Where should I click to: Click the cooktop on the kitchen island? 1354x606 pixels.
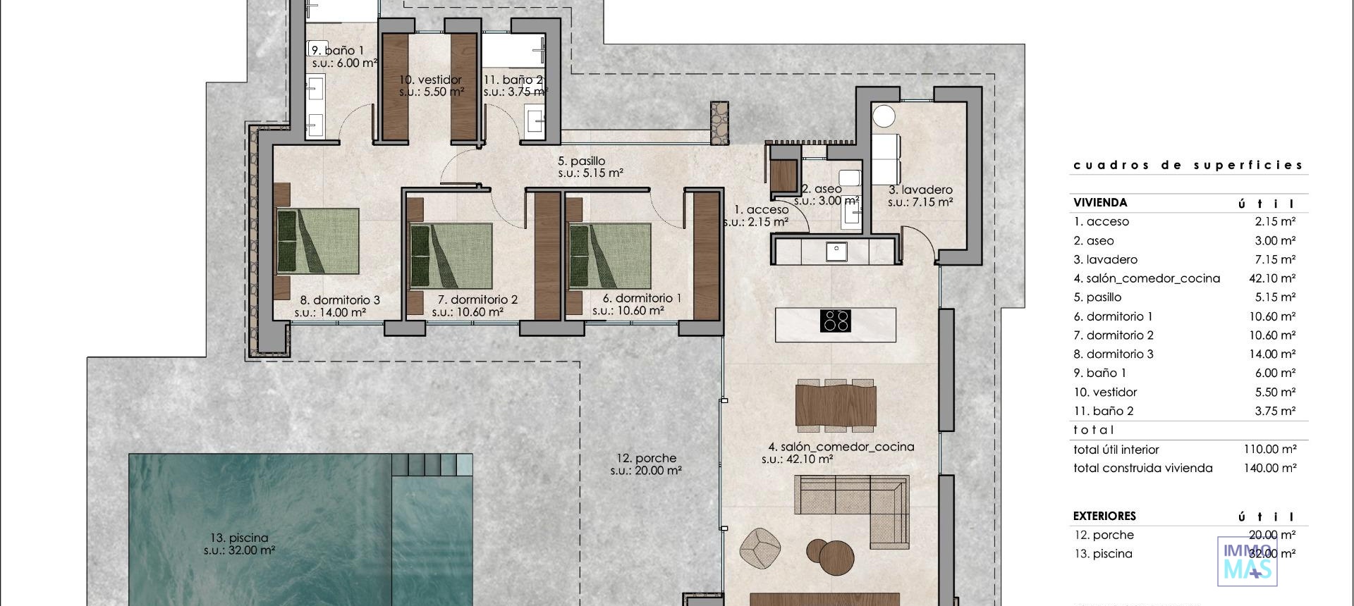836,321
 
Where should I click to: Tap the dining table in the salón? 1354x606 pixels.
836,405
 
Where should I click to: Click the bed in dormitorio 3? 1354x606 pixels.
318,241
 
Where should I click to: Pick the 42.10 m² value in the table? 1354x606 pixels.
1271,278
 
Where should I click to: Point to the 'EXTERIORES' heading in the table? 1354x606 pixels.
1104,516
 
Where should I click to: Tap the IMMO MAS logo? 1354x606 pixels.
1247,562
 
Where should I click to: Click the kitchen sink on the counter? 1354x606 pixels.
836,249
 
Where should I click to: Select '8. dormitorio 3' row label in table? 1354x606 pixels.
1114,354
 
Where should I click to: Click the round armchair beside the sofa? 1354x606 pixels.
760,547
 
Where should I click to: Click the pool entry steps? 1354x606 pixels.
432,464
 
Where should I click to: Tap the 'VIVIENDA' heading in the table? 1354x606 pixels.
1100,203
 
